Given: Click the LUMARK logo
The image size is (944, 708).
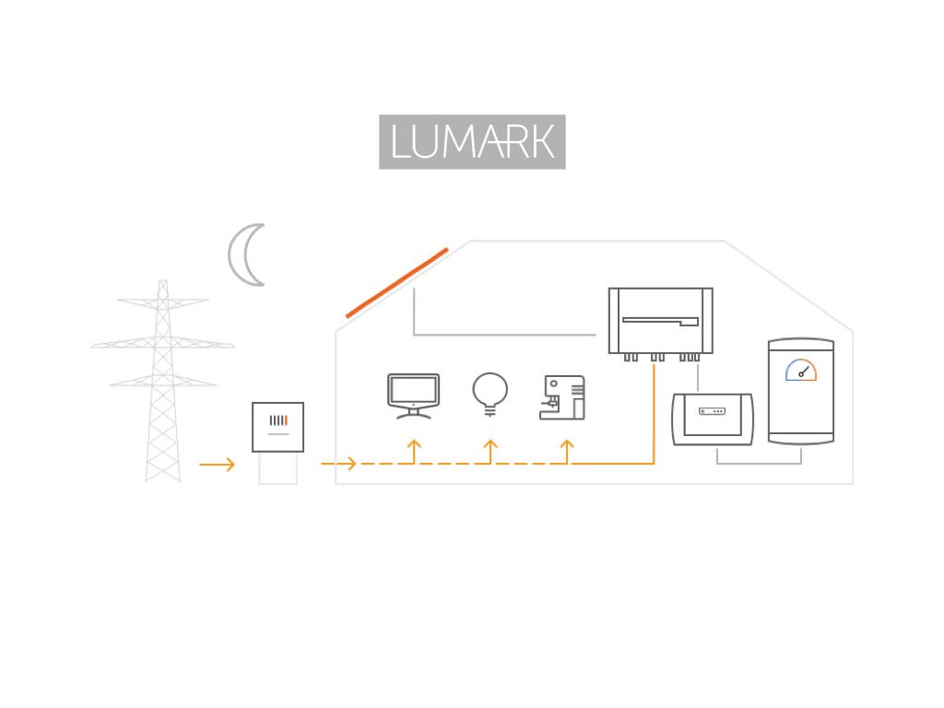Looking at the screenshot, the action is coord(472,142).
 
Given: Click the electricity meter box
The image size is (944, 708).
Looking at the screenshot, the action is coord(277,426).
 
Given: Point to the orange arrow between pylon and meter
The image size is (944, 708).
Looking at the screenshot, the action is coord(217,465).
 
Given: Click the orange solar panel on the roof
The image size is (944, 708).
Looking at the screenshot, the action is coord(397,282).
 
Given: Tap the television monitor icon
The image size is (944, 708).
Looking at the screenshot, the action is coord(413,395).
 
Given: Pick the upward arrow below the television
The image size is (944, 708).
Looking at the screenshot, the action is coord(414,451).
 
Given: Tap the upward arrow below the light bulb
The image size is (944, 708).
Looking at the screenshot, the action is coord(490,451).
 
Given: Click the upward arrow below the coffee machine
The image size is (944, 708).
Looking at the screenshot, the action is coord(567,451).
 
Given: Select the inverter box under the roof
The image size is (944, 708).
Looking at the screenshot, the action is coord(660,320).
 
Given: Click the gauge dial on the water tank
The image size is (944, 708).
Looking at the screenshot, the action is coord(800,370).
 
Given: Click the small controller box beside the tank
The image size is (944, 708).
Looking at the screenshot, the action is coord(714,419).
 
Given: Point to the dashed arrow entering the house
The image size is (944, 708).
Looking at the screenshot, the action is coord(338,464).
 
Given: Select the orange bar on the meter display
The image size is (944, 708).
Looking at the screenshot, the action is coord(287,421).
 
